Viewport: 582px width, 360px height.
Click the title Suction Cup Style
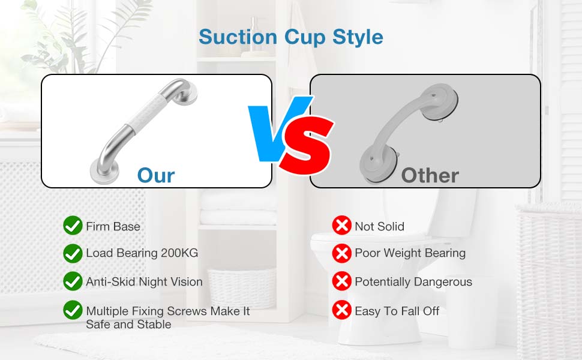291,37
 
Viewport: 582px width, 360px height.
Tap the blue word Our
156,176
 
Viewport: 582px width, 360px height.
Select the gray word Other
430,176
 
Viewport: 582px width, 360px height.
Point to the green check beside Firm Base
73,225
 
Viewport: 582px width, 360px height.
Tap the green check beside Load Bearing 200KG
73,253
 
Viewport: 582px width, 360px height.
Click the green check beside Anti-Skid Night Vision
73,281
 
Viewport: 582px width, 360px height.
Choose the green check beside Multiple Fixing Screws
73,310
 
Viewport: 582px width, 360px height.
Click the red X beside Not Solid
342,225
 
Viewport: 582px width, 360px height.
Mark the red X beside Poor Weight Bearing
342,253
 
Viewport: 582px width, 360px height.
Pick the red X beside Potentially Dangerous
342,281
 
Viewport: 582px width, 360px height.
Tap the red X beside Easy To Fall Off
342,310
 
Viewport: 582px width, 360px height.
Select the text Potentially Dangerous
413,282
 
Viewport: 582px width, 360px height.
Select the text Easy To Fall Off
397,311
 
